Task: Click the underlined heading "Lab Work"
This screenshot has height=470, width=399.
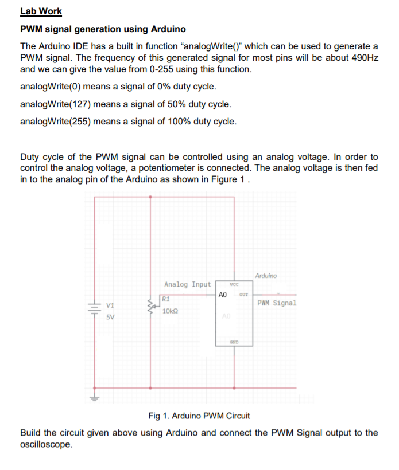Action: pyautogui.click(x=41, y=11)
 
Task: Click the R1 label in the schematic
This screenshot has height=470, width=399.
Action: pyautogui.click(x=166, y=299)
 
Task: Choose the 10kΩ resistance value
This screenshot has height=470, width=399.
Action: pyautogui.click(x=171, y=311)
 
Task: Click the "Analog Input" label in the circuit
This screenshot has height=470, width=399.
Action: pyautogui.click(x=187, y=284)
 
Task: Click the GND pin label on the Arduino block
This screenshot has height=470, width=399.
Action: pyautogui.click(x=234, y=342)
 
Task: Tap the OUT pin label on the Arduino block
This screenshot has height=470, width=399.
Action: pyautogui.click(x=243, y=295)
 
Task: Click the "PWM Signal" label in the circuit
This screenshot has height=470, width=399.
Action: pyautogui.click(x=277, y=303)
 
